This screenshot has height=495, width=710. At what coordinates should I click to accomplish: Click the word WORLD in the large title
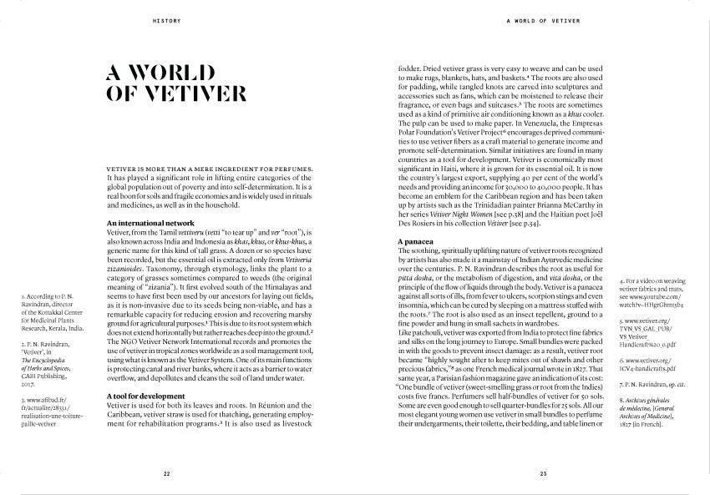click(187, 71)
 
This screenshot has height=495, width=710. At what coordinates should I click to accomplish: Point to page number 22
click(167, 473)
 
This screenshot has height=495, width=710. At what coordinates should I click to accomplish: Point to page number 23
click(543, 473)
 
